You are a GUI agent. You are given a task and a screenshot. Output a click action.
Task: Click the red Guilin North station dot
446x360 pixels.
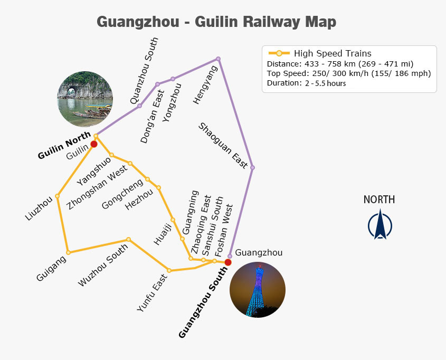(x=94, y=144)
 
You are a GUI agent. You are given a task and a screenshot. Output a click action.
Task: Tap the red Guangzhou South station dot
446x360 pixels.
(x=228, y=262)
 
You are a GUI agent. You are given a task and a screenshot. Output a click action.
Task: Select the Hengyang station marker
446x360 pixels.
(x=218, y=59)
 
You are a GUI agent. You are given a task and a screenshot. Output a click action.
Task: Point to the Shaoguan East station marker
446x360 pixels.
(x=252, y=168)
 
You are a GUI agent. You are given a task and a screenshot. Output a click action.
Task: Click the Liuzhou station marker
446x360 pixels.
(x=57, y=195)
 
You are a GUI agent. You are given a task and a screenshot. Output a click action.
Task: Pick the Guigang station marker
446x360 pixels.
(x=68, y=252)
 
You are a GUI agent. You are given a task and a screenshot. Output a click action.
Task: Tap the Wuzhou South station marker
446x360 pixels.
(x=128, y=239)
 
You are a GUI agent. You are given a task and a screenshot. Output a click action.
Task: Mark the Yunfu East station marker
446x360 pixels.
(x=169, y=271)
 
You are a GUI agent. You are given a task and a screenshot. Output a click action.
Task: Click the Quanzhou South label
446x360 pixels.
(x=144, y=71)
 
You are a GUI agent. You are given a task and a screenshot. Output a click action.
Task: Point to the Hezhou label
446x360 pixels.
(x=139, y=200)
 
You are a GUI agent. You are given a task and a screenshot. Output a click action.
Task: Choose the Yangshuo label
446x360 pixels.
(x=94, y=171)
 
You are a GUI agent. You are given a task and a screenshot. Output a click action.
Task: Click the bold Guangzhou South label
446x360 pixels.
(x=203, y=302)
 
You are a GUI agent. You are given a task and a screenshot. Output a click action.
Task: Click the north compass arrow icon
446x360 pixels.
(x=379, y=224)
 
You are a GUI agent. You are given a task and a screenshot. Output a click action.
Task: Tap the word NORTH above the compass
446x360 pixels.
(x=379, y=200)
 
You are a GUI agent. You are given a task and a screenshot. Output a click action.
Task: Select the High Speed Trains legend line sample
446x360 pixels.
(x=279, y=53)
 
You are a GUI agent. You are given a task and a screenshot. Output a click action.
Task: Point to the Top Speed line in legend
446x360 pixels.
(x=349, y=73)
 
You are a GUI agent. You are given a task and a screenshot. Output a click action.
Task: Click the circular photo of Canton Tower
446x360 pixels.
(x=258, y=290)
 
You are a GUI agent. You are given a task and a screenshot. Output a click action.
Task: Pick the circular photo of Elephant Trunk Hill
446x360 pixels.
(x=85, y=99)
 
